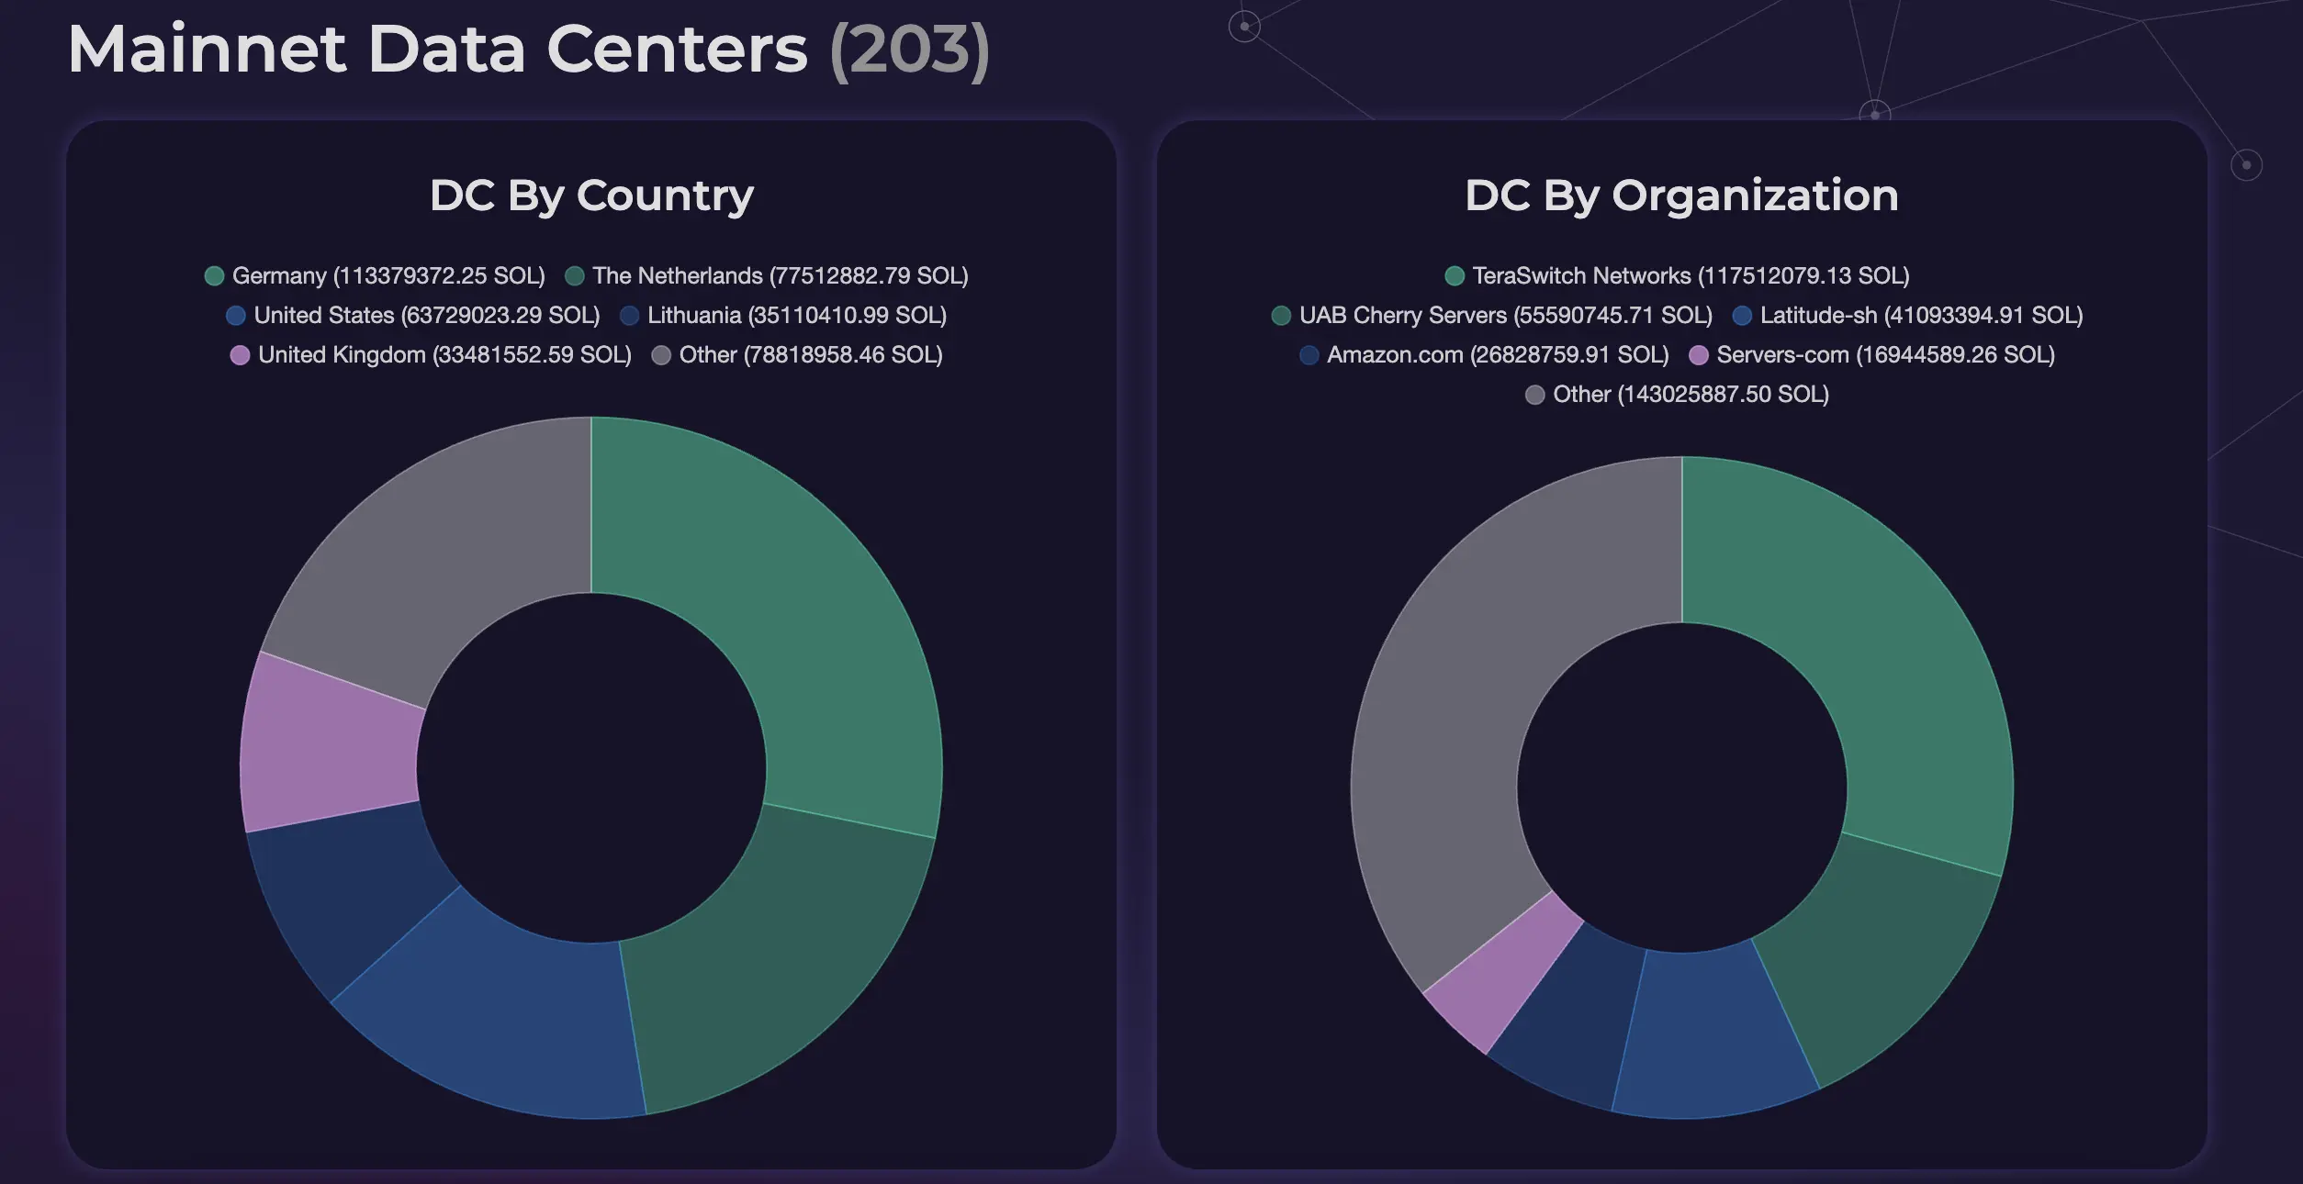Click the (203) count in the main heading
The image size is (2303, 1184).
(x=909, y=50)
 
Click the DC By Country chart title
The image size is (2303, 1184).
(x=591, y=195)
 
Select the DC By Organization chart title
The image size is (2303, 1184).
(x=1681, y=195)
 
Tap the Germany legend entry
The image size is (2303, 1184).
(x=375, y=276)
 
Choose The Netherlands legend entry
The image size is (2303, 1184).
(x=767, y=276)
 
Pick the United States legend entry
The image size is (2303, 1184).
(x=413, y=316)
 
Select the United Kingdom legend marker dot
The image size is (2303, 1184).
(x=240, y=355)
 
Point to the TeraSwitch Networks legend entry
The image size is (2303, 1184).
(x=1677, y=276)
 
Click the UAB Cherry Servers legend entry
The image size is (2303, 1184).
(x=1492, y=316)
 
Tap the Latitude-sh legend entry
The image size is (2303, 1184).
(x=1907, y=316)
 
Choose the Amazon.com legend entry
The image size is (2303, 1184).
(x=1484, y=355)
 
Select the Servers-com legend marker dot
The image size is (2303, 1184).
(x=1699, y=355)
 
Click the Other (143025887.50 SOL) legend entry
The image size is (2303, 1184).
(x=1677, y=395)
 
